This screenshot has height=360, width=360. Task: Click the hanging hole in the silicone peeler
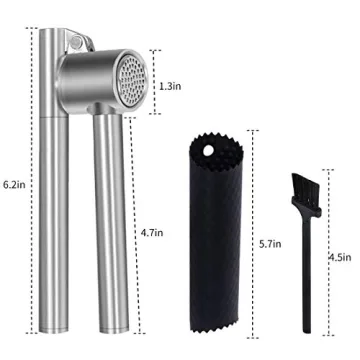[x=210, y=153]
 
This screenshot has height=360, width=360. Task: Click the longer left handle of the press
[x=49, y=200]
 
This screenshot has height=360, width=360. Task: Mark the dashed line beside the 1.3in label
[x=153, y=73]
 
